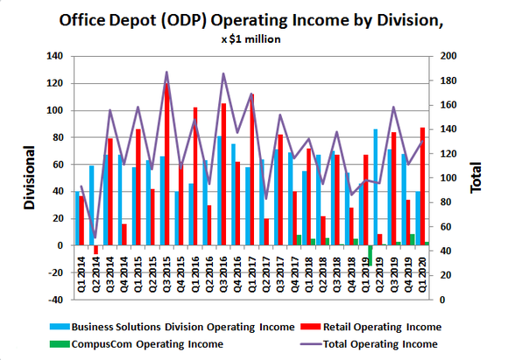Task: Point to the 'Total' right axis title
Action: [477, 178]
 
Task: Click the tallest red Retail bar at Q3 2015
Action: [167, 166]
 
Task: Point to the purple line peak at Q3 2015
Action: [166, 73]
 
